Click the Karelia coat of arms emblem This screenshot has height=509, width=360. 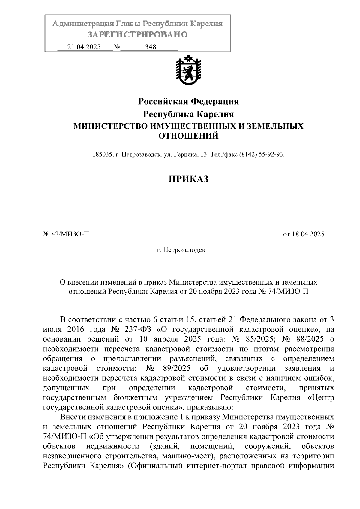coord(188,70)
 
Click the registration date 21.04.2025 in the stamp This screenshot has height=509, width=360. coord(84,47)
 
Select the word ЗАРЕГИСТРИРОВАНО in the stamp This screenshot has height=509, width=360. coord(137,35)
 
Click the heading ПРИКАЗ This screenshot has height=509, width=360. coord(188,179)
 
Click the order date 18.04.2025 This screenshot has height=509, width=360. coord(308,234)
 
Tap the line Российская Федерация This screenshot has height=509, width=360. coord(188,102)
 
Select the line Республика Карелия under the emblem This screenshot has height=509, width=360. coord(188,114)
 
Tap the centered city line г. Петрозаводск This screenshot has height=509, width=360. coord(181,250)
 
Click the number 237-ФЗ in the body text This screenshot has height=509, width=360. coord(138,329)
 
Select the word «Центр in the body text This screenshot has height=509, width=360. coord(321,398)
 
